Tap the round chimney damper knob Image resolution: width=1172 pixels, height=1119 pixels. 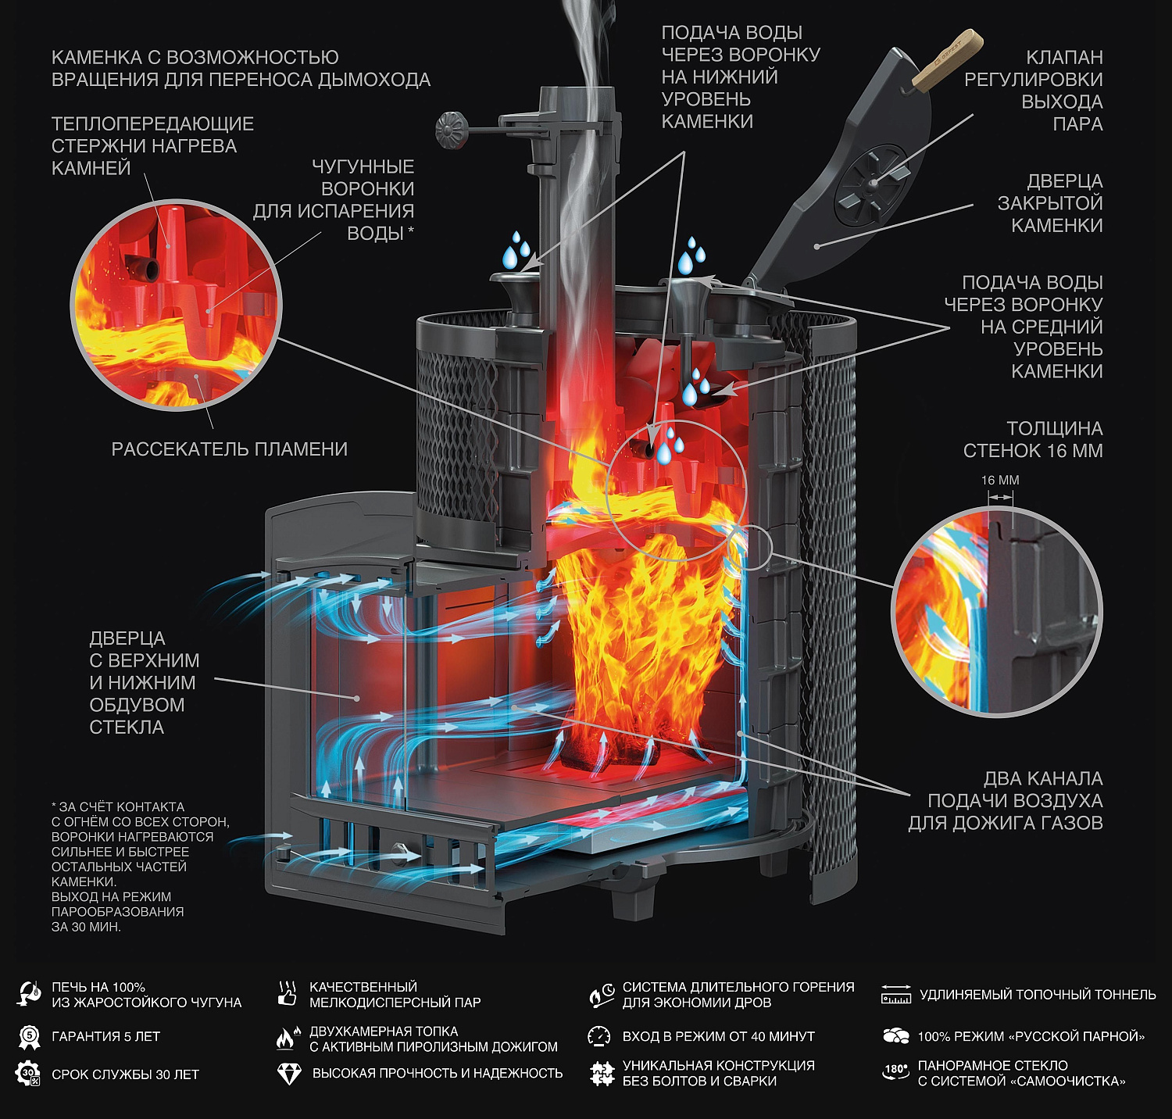click(x=452, y=128)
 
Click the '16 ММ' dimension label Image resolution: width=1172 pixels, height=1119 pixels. click(x=1000, y=480)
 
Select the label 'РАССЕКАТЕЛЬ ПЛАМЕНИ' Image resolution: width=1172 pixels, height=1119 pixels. click(x=229, y=449)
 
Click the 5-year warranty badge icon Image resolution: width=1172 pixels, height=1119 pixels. click(x=29, y=1037)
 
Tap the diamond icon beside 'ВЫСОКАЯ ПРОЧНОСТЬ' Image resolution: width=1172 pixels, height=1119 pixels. click(x=289, y=1074)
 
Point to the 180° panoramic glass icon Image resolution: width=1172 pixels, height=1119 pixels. click(x=895, y=1072)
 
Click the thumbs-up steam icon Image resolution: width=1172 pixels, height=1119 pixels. click(x=288, y=994)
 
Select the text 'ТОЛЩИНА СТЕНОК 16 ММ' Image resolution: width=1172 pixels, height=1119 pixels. click(x=1032, y=439)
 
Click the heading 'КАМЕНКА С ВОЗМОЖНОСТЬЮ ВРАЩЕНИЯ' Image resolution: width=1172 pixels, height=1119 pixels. click(x=241, y=69)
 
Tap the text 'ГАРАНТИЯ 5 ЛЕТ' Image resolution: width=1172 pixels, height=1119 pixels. click(x=105, y=1037)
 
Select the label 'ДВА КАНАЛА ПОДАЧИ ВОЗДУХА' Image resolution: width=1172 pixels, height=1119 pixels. click(x=1005, y=800)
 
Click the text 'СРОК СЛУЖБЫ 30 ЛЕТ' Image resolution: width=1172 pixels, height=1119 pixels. click(x=125, y=1074)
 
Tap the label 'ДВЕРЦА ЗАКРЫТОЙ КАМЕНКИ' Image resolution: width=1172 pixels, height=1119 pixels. click(x=1049, y=203)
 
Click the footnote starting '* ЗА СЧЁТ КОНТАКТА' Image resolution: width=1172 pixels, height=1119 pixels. click(x=140, y=866)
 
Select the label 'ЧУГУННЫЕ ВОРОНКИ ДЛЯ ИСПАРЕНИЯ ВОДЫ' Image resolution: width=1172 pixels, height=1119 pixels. click(x=334, y=200)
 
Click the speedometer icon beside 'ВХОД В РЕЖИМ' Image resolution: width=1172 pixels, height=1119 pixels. click(x=599, y=1036)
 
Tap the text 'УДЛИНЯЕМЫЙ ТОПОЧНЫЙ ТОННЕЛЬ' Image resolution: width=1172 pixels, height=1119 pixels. click(x=1037, y=995)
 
